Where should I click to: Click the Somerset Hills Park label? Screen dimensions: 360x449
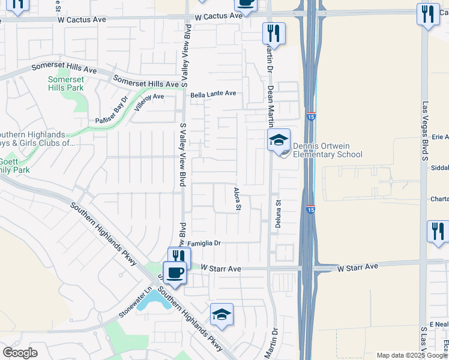(x=66, y=83)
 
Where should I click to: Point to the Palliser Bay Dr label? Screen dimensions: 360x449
(x=112, y=111)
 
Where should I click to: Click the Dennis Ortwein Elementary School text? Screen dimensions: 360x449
(x=328, y=150)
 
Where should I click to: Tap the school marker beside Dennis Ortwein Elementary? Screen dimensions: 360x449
(x=279, y=141)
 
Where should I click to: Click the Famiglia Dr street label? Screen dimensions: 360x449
(x=205, y=244)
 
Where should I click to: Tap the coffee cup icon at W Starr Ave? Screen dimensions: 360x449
(x=175, y=272)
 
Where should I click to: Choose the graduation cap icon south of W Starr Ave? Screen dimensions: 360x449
(x=221, y=315)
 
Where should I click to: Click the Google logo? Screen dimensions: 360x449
(x=21, y=352)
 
